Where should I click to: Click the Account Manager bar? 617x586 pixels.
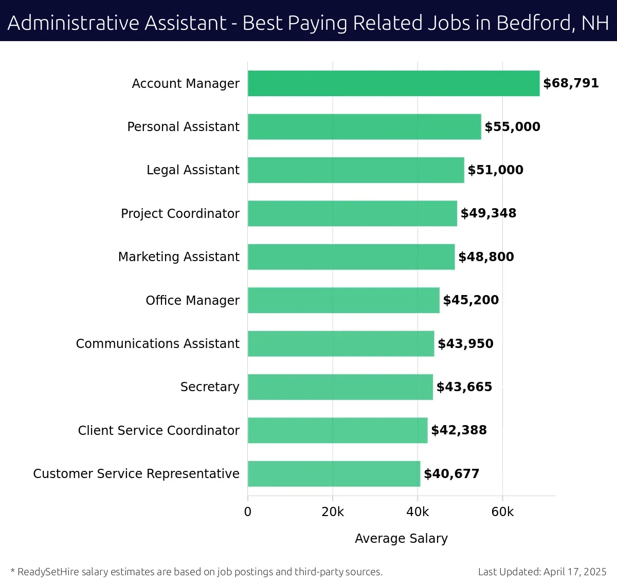point(393,83)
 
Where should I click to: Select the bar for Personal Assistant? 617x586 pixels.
point(364,126)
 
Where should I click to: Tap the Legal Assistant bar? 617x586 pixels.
point(356,170)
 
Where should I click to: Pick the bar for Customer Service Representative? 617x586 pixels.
point(334,473)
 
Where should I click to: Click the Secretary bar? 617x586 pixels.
point(340,387)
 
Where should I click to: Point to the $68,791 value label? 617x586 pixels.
point(571,83)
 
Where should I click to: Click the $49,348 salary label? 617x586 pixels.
point(488,213)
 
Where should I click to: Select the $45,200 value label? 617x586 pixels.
point(470,300)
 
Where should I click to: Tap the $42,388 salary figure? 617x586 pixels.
point(459,430)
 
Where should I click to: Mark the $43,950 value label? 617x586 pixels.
point(465,343)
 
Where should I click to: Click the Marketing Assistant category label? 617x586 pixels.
point(178,257)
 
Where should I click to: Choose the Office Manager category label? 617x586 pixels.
point(192,300)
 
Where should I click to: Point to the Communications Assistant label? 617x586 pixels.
point(157,343)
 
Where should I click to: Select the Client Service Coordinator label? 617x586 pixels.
point(158,430)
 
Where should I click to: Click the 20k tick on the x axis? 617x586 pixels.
point(333,512)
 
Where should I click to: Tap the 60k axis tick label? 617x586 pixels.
point(502,512)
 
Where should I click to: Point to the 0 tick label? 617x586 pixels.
point(248,512)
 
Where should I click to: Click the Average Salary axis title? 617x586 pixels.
point(401,538)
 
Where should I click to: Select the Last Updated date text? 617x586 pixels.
point(542,572)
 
